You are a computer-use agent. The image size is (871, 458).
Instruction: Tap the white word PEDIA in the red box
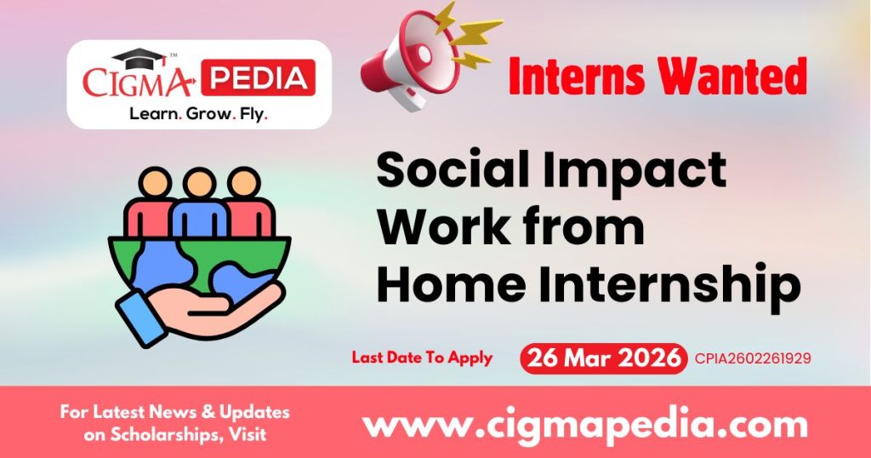click(x=259, y=79)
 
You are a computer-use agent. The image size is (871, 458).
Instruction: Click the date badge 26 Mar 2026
click(x=603, y=358)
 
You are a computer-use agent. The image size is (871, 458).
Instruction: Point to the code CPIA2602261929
click(x=752, y=358)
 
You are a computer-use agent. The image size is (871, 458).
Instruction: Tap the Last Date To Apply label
click(x=422, y=358)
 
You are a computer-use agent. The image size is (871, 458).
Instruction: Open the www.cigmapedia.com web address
click(x=585, y=423)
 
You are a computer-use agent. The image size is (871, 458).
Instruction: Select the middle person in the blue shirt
click(x=200, y=204)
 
